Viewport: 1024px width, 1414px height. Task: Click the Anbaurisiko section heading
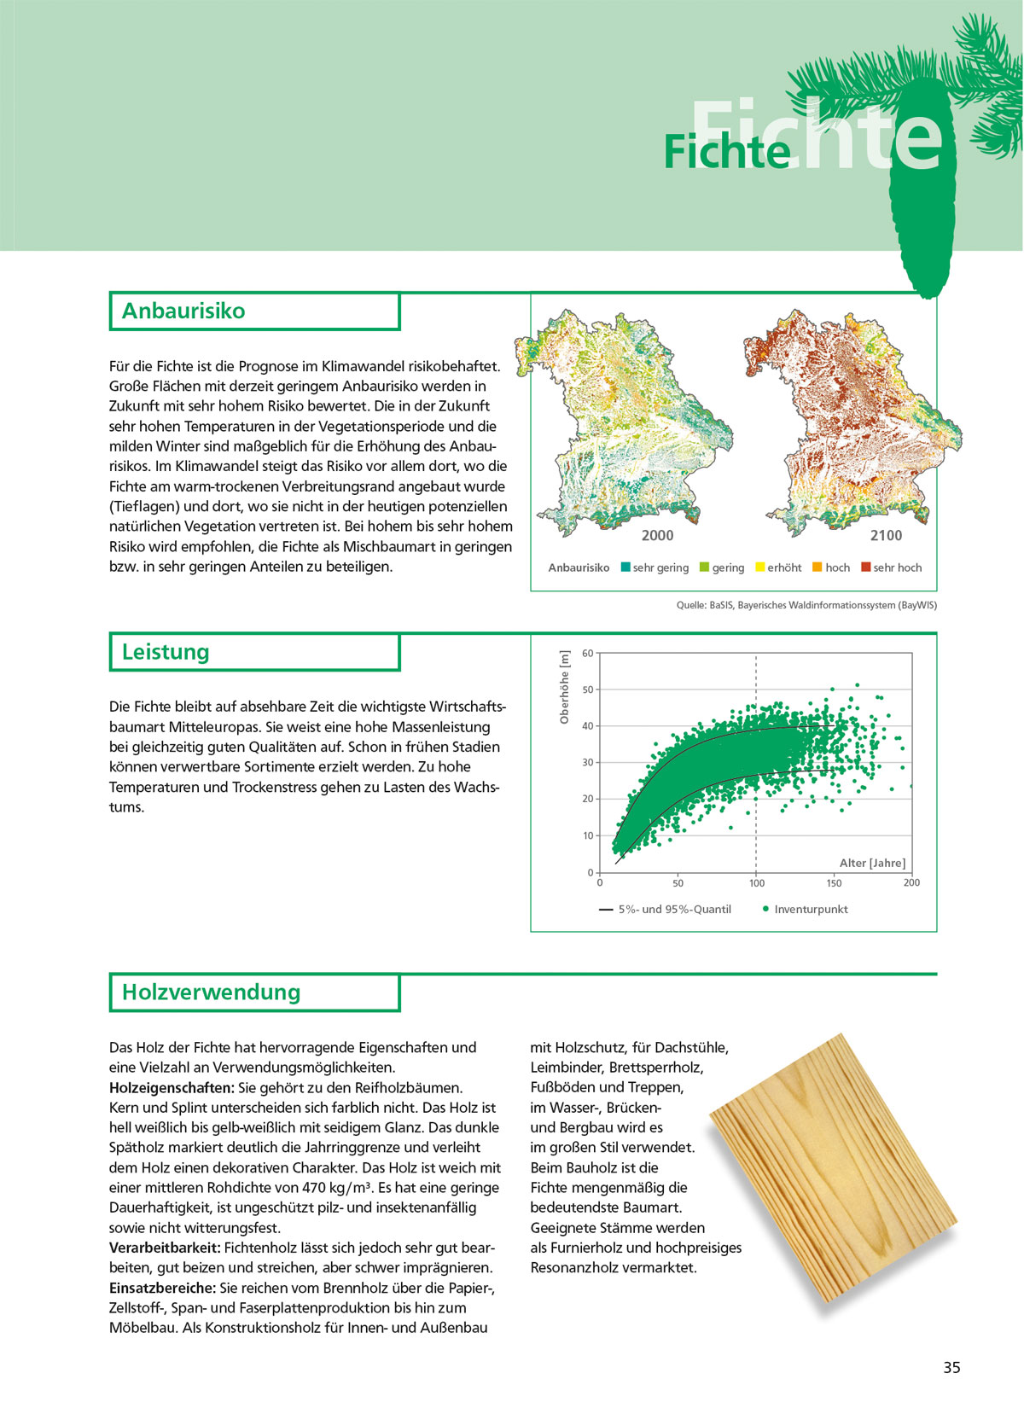pyautogui.click(x=183, y=311)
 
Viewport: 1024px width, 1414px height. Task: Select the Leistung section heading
pyautogui.click(x=166, y=652)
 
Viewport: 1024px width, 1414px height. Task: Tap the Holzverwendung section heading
pyautogui.click(x=211, y=992)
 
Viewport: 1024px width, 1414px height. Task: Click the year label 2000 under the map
pyautogui.click(x=657, y=535)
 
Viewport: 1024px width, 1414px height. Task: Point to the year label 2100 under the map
pyautogui.click(x=886, y=535)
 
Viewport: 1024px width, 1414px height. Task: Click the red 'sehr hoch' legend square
pyautogui.click(x=865, y=567)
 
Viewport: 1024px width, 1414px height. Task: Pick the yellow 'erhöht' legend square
pyautogui.click(x=759, y=567)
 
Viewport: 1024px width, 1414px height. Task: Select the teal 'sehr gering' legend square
pyautogui.click(x=625, y=567)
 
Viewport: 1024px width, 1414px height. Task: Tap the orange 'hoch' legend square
pyautogui.click(x=817, y=567)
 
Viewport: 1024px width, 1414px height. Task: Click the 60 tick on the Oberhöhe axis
pyautogui.click(x=588, y=654)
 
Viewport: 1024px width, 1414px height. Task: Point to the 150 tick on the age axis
pyautogui.click(x=834, y=883)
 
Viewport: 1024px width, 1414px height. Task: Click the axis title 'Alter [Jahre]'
pyautogui.click(x=872, y=863)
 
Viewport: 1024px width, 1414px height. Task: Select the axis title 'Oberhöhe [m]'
pyautogui.click(x=564, y=688)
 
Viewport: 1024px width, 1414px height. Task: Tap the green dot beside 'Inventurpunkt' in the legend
pyautogui.click(x=765, y=909)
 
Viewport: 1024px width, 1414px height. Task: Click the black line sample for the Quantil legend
pyautogui.click(x=606, y=910)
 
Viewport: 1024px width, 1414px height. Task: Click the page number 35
pyautogui.click(x=951, y=1367)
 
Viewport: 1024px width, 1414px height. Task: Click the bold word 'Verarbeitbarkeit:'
pyautogui.click(x=165, y=1248)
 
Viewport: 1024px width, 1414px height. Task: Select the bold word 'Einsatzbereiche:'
pyautogui.click(x=163, y=1288)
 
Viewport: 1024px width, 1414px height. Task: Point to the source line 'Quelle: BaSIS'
pyautogui.click(x=806, y=605)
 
